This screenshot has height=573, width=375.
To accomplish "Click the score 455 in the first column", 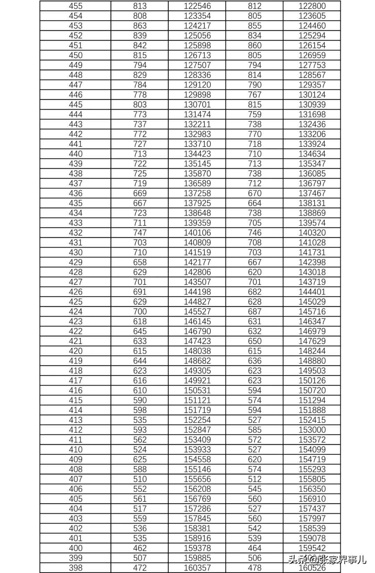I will [x=75, y=6].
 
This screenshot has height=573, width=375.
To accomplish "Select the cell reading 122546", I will [x=197, y=6].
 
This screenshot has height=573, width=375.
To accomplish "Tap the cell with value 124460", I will [x=312, y=26].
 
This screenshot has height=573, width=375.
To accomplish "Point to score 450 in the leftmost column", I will [x=75, y=55].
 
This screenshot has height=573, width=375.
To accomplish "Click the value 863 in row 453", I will [x=140, y=26].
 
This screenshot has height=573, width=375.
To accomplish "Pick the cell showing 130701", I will [x=197, y=105].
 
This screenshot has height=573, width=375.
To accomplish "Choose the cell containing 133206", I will [x=312, y=134].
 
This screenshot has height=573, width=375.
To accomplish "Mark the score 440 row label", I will [x=75, y=154].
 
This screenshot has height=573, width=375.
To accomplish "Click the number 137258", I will [x=197, y=193].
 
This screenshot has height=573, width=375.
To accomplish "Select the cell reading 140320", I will [x=312, y=233].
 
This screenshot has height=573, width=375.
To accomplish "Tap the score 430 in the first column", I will [x=75, y=252].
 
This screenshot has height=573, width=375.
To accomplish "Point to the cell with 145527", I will [x=197, y=312].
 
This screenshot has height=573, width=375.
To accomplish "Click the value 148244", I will [x=312, y=351].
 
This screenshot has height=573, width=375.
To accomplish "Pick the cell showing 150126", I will [x=312, y=380].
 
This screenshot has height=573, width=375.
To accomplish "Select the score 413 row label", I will [x=75, y=420].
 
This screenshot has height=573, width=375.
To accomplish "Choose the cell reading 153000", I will [x=312, y=430].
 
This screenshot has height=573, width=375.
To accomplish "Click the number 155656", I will [x=197, y=479].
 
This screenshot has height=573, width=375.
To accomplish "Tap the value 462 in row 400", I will [x=140, y=548].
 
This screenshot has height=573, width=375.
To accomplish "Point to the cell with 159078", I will [x=312, y=538].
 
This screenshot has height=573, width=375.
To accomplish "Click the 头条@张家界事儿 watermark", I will [x=327, y=560].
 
